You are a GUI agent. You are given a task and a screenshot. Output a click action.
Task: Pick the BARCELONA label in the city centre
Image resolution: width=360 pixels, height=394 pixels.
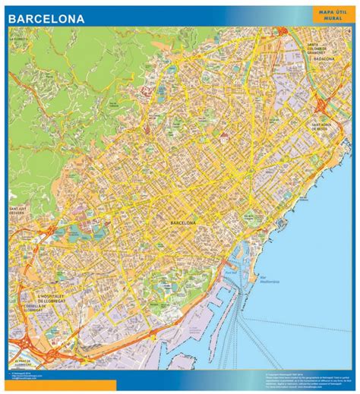[185, 222]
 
